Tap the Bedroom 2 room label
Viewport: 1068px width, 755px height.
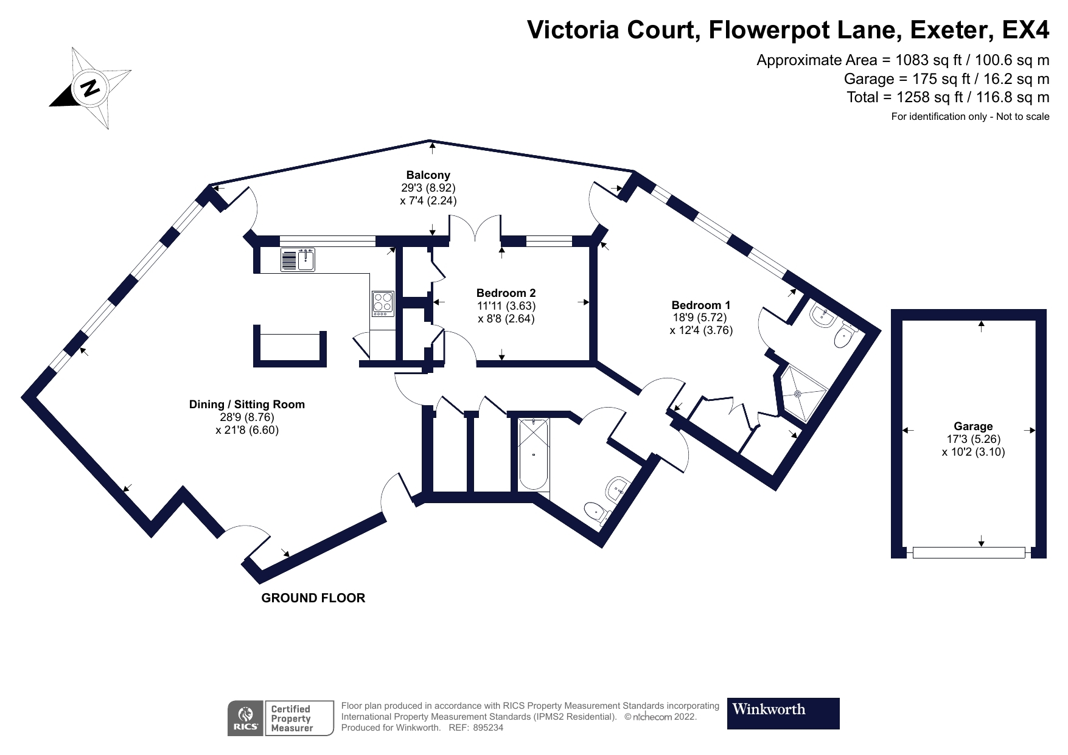click(506, 293)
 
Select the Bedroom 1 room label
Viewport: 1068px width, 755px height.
click(700, 305)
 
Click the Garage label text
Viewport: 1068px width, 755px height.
click(973, 426)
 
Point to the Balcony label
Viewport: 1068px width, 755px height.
click(428, 175)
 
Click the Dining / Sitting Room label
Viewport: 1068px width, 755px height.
click(246, 405)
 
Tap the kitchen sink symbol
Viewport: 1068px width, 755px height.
click(298, 260)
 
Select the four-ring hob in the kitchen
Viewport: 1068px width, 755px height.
click(383, 303)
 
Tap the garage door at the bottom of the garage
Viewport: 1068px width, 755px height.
click(969, 552)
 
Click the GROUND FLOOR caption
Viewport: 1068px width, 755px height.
click(313, 598)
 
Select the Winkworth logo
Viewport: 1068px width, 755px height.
click(783, 713)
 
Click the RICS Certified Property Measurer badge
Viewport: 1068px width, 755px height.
click(281, 718)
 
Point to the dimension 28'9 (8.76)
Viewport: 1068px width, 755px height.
click(246, 417)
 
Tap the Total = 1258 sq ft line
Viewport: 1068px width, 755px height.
click(948, 97)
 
